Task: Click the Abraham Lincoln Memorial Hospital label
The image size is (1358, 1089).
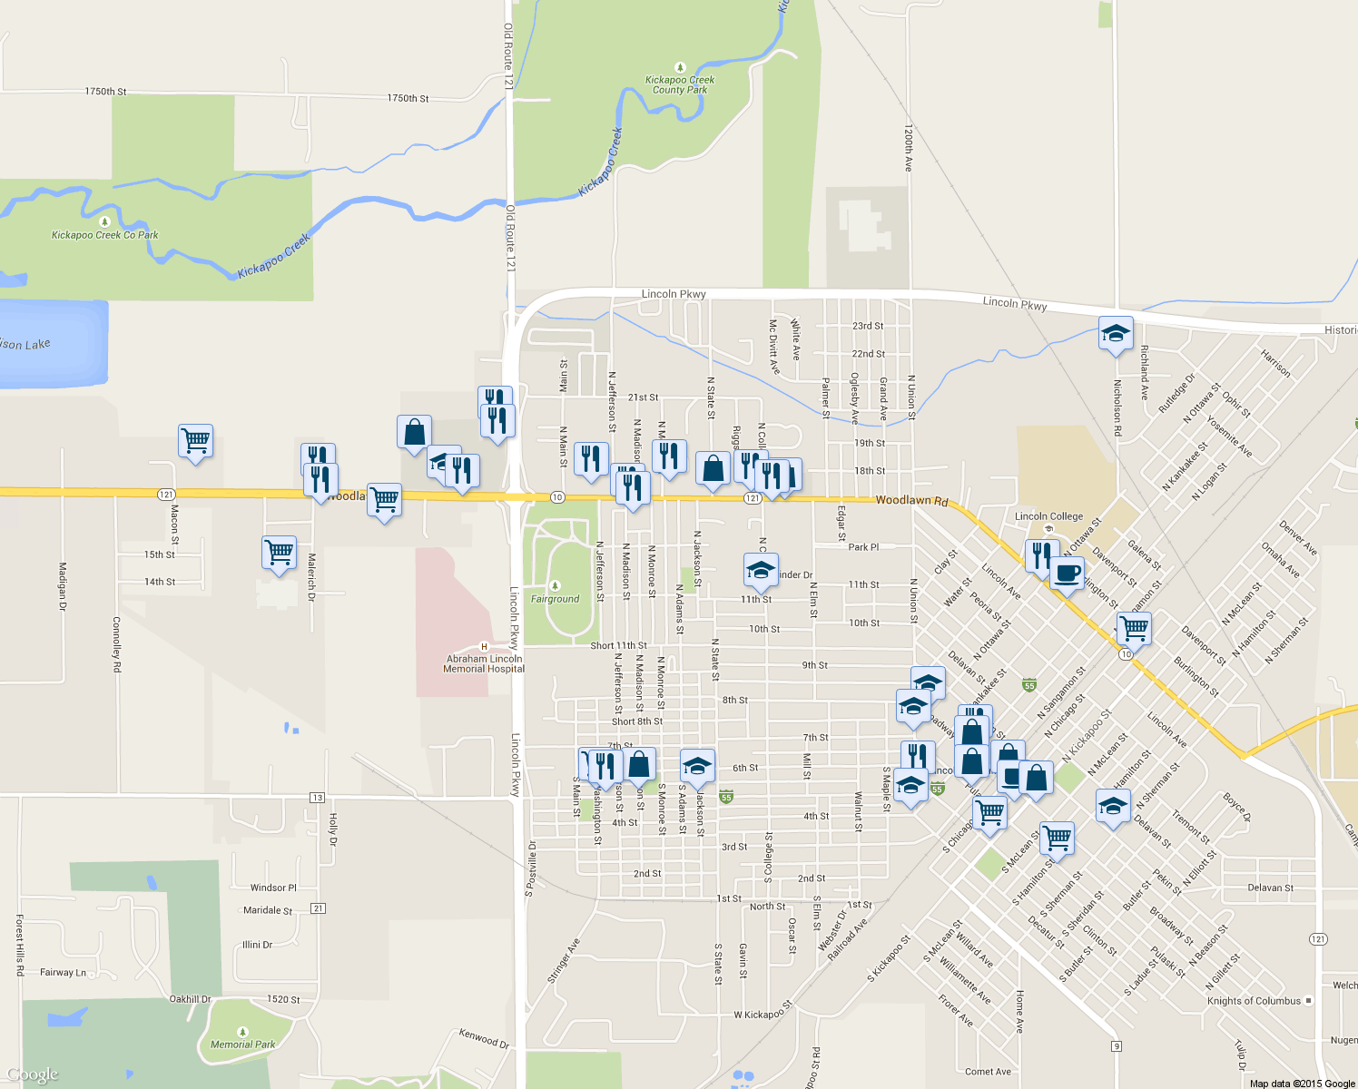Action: (484, 663)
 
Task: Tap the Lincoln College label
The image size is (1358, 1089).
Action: (1048, 516)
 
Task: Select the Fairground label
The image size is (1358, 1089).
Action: (555, 599)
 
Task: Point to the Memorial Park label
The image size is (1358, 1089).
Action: (242, 1045)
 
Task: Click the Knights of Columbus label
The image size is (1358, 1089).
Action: (1254, 1001)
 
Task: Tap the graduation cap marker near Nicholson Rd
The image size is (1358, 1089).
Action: (1115, 333)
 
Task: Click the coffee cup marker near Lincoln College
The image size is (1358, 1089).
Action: (1067, 574)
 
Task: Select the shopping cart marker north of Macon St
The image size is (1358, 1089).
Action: (195, 441)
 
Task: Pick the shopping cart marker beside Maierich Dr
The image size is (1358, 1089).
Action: (279, 552)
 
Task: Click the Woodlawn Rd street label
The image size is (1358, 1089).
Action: (911, 501)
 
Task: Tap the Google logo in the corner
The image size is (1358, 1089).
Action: (32, 1075)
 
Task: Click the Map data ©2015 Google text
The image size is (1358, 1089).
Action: (1302, 1084)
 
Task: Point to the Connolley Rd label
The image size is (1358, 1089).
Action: (116, 644)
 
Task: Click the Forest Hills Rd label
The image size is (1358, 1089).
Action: (20, 945)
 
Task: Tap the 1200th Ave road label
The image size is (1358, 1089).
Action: (908, 149)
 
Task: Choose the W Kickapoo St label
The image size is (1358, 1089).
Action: (763, 1009)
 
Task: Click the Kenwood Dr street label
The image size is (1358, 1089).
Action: (484, 1038)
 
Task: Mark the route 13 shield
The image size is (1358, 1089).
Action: (317, 798)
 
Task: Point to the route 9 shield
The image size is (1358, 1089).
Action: (1116, 1046)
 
